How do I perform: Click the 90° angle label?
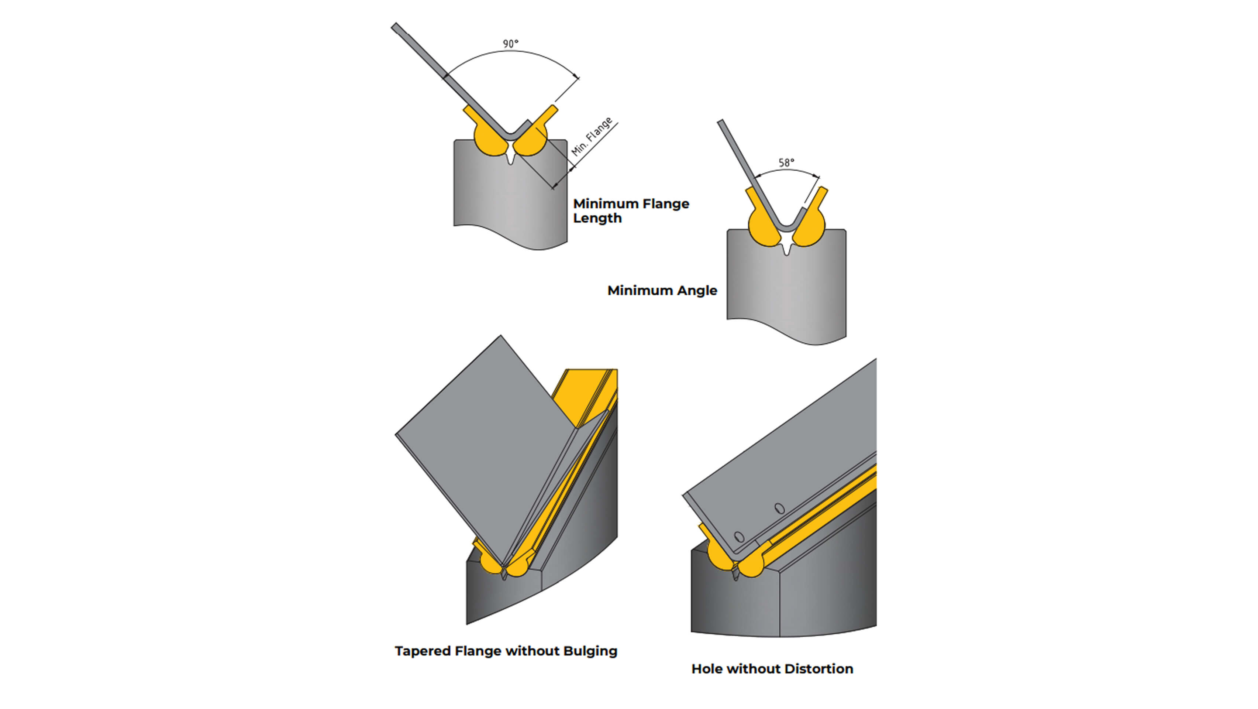(x=510, y=44)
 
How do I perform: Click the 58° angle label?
(x=786, y=162)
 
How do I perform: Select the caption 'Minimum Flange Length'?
(x=630, y=210)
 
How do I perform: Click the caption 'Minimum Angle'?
(x=662, y=290)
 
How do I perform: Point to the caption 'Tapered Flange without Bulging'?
(x=506, y=651)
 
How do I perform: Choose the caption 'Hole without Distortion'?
(x=772, y=668)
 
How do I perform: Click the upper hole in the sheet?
(x=780, y=508)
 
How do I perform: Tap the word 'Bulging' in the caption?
(x=590, y=651)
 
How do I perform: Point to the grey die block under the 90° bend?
(x=510, y=201)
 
